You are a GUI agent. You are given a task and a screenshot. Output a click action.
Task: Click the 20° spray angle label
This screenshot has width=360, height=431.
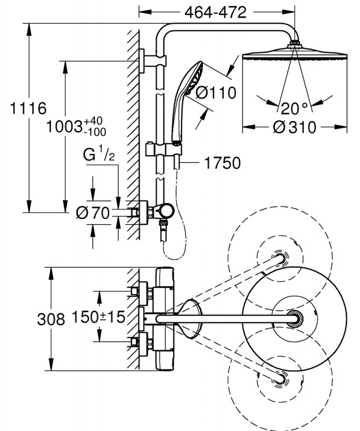pyautogui.click(x=296, y=108)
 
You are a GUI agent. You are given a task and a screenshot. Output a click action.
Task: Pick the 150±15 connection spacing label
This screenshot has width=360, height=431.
pyautogui.click(x=103, y=317)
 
